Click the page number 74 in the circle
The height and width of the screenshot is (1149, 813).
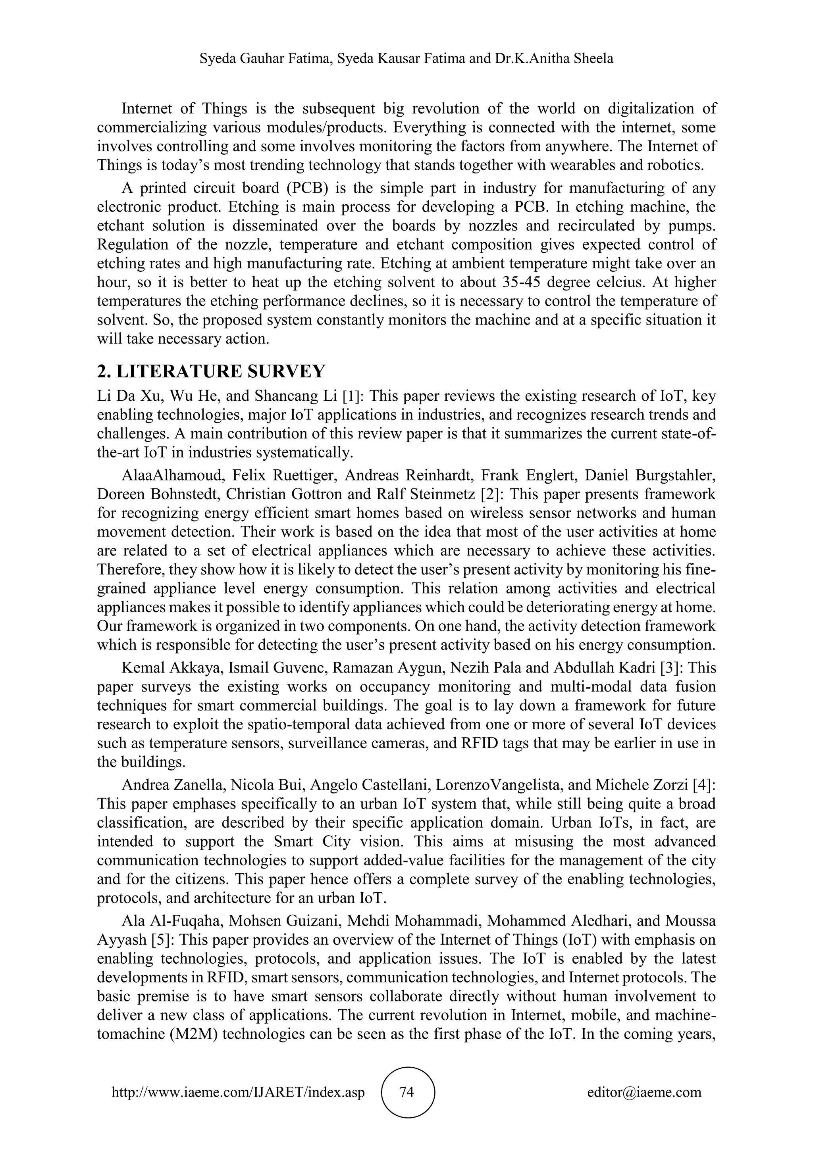pyautogui.click(x=407, y=1091)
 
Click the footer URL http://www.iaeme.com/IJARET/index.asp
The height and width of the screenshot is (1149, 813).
pyautogui.click(x=238, y=1092)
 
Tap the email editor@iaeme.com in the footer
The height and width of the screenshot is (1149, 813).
pyautogui.click(x=644, y=1092)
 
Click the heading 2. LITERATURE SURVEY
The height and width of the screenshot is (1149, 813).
pyautogui.click(x=211, y=371)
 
